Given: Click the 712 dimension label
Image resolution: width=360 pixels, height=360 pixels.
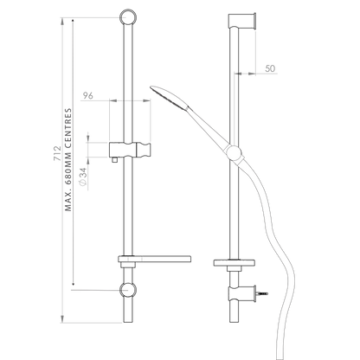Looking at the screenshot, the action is (x=58, y=153).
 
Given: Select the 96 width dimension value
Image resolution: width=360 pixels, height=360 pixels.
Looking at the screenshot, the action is (x=88, y=95).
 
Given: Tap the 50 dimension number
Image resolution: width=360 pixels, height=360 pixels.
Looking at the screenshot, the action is (x=270, y=68).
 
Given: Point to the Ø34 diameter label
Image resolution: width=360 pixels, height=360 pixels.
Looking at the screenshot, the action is (x=83, y=177).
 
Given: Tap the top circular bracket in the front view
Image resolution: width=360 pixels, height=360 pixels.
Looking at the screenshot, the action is (x=127, y=16).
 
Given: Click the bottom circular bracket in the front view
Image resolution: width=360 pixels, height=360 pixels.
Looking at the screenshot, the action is (x=127, y=289).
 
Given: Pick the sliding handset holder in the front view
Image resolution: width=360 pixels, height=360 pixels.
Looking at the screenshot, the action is (x=130, y=150).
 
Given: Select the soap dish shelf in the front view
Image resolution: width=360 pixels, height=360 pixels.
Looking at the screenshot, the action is (x=154, y=259).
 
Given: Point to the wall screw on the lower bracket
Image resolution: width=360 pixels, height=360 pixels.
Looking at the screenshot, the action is (x=262, y=293).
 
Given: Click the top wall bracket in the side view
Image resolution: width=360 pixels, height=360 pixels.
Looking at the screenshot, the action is (x=242, y=21).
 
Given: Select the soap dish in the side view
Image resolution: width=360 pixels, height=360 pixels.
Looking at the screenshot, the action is (x=235, y=262).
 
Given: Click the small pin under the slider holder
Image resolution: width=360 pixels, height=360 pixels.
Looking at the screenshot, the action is (x=115, y=160).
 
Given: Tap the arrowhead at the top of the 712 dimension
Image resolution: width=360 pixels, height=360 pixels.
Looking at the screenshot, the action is (x=61, y=21).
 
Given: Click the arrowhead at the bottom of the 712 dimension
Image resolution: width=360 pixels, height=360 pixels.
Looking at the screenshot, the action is (x=61, y=319).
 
